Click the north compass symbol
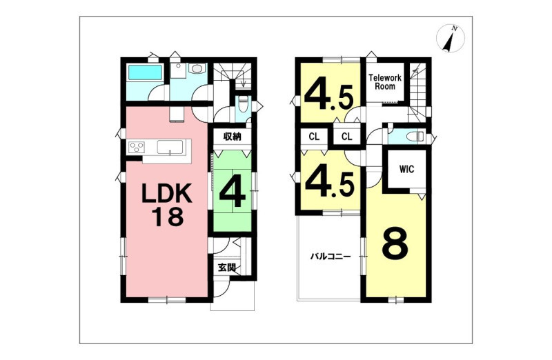click(451, 39)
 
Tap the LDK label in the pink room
click(167, 194)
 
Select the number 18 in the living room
click(168, 217)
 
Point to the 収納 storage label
click(233, 137)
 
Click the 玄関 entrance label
click(227, 268)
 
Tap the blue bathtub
click(145, 72)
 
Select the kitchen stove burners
click(137, 146)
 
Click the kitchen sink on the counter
click(170, 147)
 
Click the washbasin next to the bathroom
click(195, 68)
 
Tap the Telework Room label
click(385, 81)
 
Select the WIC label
click(406, 169)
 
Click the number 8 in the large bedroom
click(395, 243)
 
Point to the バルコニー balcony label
click(331, 257)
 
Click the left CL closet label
click(314, 137)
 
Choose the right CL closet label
click(347, 137)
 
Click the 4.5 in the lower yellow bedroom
click(329, 183)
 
